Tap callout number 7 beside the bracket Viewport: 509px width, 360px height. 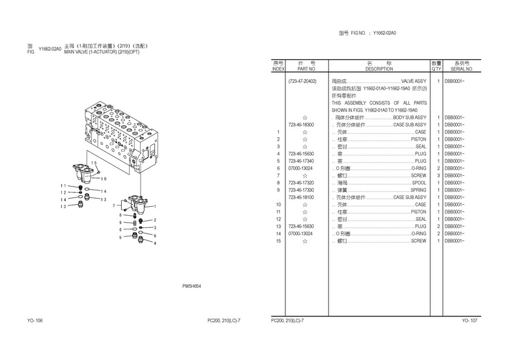[x=113, y=206]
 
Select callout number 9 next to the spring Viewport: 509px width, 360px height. [x=120, y=222]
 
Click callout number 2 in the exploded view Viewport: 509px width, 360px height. [x=155, y=220]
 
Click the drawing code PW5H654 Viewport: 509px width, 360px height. [x=191, y=287]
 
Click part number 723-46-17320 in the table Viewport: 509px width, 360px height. [x=301, y=182]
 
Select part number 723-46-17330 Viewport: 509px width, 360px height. [x=301, y=190]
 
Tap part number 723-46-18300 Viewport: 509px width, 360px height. [x=301, y=124]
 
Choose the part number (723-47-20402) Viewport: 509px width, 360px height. [x=302, y=81]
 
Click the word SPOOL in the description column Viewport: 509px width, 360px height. [x=419, y=182]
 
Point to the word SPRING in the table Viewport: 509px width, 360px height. [x=418, y=190]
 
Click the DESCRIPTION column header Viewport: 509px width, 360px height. [x=379, y=69]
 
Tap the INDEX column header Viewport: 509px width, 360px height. [x=278, y=69]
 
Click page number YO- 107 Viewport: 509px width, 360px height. [x=470, y=320]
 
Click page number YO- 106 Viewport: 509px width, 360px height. [x=35, y=320]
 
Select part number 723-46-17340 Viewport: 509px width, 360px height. [x=301, y=161]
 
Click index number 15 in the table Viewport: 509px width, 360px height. [x=278, y=241]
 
